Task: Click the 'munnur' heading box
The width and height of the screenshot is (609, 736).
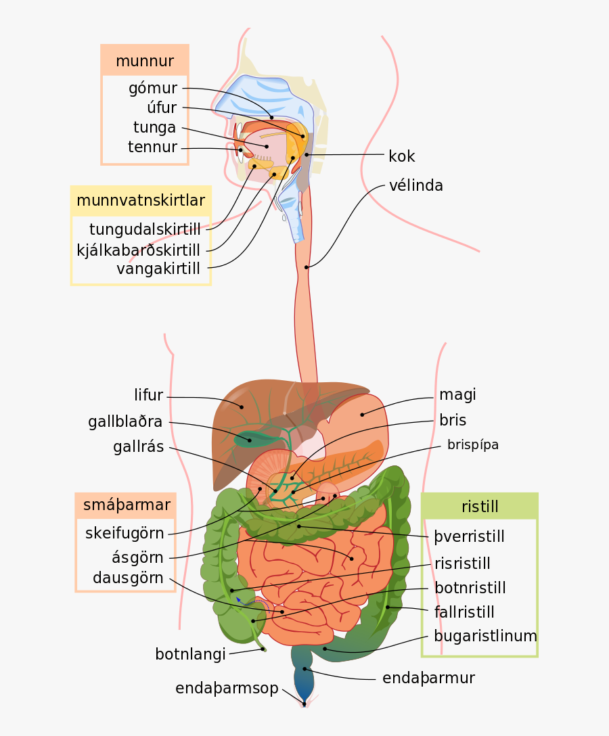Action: (x=144, y=61)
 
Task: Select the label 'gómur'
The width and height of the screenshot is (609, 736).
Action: (x=153, y=89)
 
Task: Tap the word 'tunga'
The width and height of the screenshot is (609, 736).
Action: (x=154, y=127)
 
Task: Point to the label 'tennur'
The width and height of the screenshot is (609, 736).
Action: (x=152, y=147)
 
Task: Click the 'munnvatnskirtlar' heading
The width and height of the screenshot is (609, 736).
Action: (x=141, y=200)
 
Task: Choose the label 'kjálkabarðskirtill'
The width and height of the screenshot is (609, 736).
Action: (x=139, y=250)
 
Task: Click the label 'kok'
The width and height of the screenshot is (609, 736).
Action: (x=401, y=156)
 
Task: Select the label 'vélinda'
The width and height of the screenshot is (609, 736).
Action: (x=415, y=185)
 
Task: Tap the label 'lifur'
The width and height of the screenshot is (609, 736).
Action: (x=149, y=395)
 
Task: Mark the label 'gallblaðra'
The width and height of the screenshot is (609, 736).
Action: (x=125, y=422)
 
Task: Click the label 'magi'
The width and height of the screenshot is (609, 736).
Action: (x=457, y=394)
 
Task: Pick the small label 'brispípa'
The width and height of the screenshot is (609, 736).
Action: (x=473, y=444)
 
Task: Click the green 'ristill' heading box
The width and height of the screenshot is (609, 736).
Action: (x=480, y=507)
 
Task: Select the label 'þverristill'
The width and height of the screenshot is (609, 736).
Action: (x=470, y=537)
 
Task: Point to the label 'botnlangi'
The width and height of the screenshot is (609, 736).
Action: (x=190, y=654)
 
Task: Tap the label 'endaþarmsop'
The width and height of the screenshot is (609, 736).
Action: (x=227, y=689)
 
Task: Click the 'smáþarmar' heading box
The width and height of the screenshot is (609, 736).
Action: (x=126, y=505)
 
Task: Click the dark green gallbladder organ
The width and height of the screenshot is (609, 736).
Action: (x=252, y=439)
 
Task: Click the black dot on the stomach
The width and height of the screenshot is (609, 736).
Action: (x=362, y=415)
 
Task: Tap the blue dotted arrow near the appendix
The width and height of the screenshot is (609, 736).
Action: (x=252, y=601)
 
